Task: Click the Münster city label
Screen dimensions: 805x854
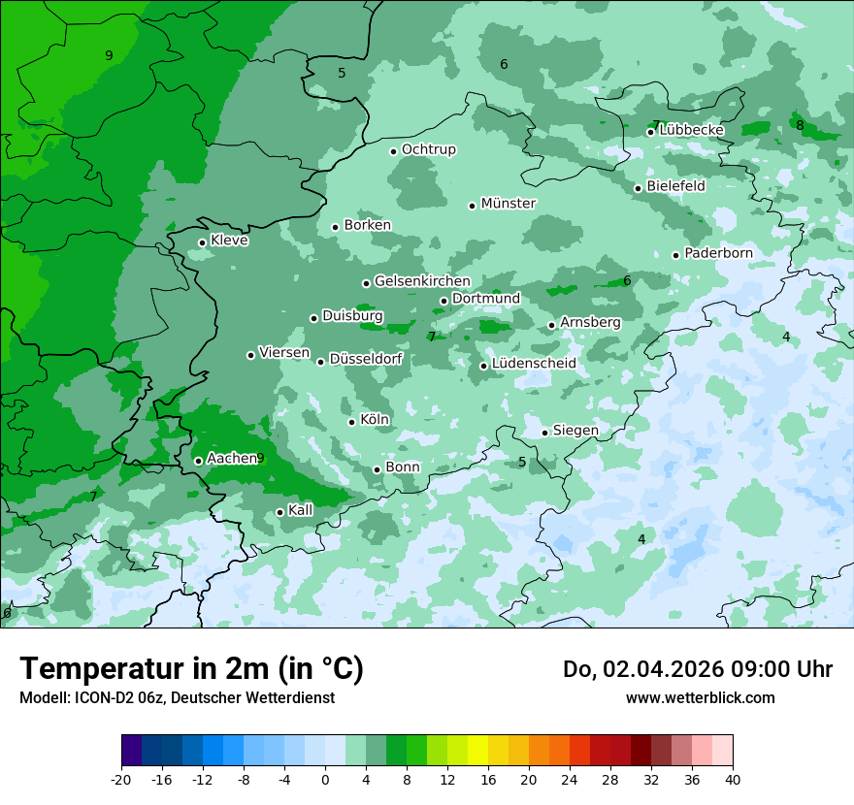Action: pyautogui.click(x=509, y=204)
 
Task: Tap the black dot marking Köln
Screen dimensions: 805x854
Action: pyautogui.click(x=352, y=422)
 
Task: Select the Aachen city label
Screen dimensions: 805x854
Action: pyautogui.click(x=232, y=459)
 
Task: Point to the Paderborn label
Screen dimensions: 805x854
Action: pyautogui.click(x=718, y=253)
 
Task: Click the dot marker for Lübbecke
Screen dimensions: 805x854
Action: pyautogui.click(x=651, y=132)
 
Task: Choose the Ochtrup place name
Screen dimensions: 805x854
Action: pyautogui.click(x=428, y=149)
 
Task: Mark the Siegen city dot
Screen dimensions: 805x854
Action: pyautogui.click(x=545, y=433)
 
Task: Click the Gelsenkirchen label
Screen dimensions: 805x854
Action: pyautogui.click(x=422, y=281)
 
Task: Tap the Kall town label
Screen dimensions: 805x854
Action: pyautogui.click(x=301, y=510)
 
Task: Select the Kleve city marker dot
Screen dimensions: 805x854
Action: pyautogui.click(x=203, y=242)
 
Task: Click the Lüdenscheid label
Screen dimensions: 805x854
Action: pyautogui.click(x=534, y=364)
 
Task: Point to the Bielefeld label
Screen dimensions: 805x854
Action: pyautogui.click(x=675, y=185)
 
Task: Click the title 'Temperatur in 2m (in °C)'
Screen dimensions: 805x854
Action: pyautogui.click(x=191, y=669)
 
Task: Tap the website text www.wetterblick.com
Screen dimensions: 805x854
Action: pyautogui.click(x=700, y=697)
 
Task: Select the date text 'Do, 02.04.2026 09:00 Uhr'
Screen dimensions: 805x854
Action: pyautogui.click(x=698, y=669)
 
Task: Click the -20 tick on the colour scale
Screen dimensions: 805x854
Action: pyautogui.click(x=121, y=779)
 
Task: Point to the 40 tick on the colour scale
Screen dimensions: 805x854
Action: pyautogui.click(x=733, y=779)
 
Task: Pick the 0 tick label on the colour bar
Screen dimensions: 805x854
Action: pyautogui.click(x=325, y=779)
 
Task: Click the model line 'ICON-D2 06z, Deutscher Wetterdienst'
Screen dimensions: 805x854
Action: pyautogui.click(x=177, y=697)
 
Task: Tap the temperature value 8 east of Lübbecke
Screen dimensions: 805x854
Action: pyautogui.click(x=800, y=125)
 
